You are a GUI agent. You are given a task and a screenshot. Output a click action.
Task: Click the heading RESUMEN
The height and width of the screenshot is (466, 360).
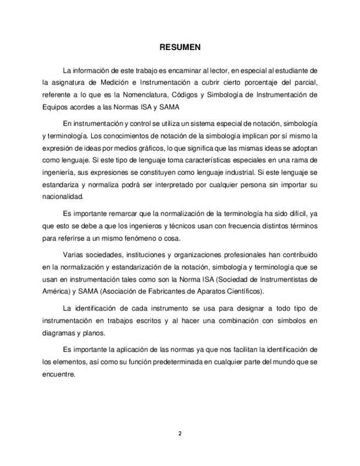(180, 47)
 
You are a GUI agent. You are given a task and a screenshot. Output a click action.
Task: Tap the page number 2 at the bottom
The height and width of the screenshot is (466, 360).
(180, 434)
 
